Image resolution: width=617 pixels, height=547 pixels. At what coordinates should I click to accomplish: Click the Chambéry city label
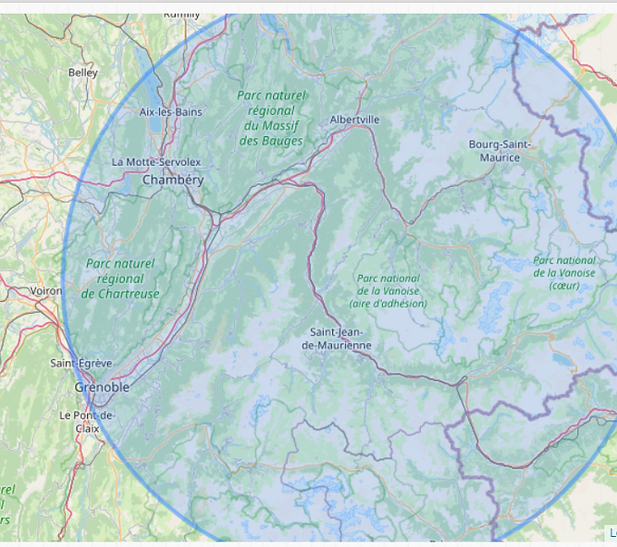[172, 180]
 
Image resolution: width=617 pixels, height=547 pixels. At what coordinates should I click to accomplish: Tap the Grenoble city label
[102, 387]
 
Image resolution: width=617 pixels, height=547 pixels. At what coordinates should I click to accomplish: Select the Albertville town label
[355, 119]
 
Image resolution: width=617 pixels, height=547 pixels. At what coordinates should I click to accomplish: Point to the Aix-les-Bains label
[171, 112]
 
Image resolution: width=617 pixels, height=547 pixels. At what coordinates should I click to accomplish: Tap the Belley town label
[83, 73]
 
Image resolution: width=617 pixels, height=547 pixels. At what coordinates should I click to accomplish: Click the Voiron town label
[46, 291]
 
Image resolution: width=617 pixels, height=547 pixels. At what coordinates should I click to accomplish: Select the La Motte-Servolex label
[156, 161]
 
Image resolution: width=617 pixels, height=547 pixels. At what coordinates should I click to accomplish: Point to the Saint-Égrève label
[81, 363]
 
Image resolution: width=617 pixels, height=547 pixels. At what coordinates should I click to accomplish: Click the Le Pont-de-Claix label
[87, 421]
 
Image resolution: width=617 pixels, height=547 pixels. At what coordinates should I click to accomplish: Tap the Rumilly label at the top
[181, 15]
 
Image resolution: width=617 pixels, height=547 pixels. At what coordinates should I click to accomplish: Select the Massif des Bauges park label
[271, 118]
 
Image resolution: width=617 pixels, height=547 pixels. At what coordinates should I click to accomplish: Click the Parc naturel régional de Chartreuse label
[120, 278]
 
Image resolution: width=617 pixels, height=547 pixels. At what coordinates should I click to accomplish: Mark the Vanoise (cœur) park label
[564, 272]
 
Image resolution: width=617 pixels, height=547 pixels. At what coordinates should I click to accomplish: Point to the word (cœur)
[564, 286]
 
